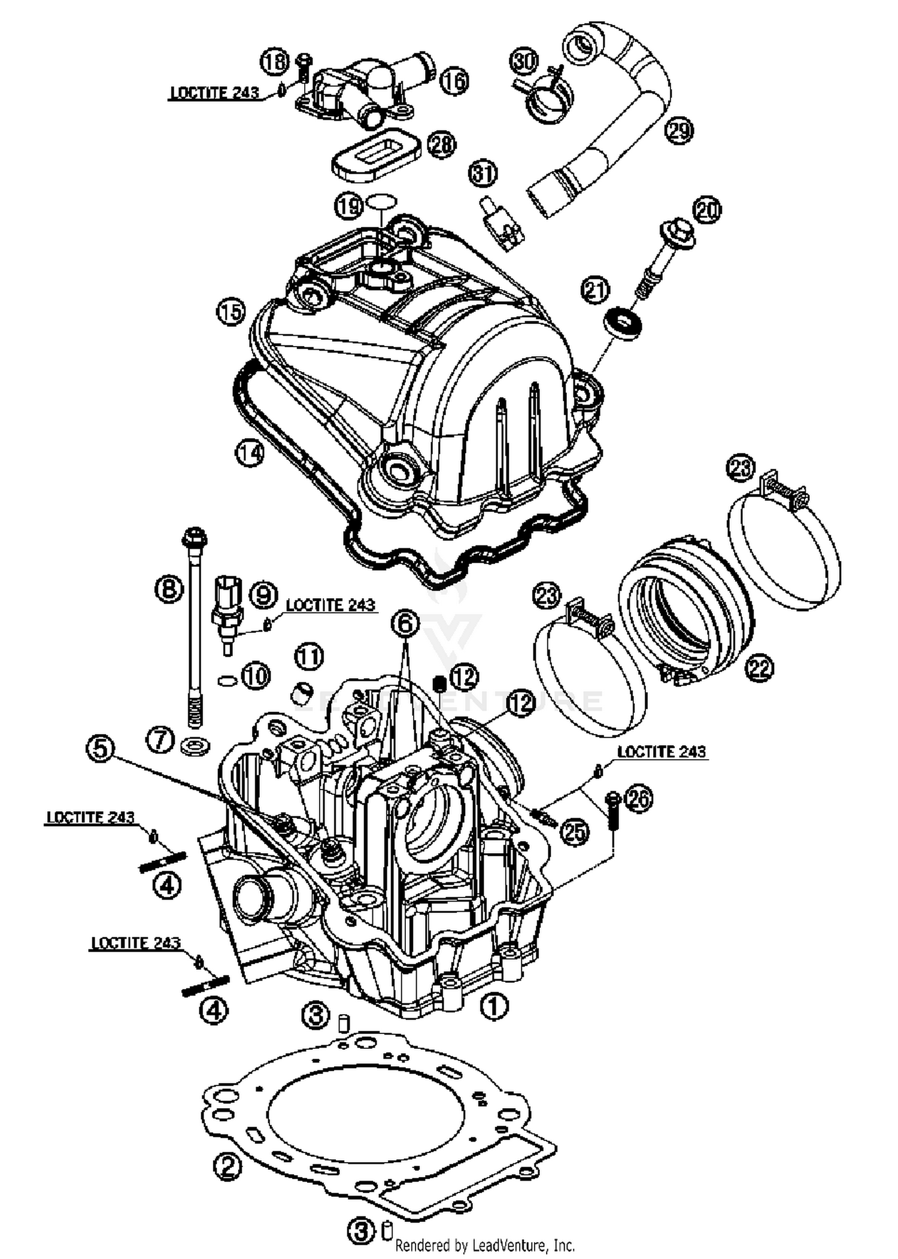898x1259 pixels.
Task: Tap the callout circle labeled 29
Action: pos(679,129)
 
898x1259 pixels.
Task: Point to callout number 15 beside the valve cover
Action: pos(231,312)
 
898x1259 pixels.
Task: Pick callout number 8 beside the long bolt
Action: pos(169,589)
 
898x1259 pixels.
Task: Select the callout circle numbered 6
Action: pos(405,624)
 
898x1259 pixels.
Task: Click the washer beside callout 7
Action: pos(195,746)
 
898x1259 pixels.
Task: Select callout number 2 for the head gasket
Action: pos(227,1166)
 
